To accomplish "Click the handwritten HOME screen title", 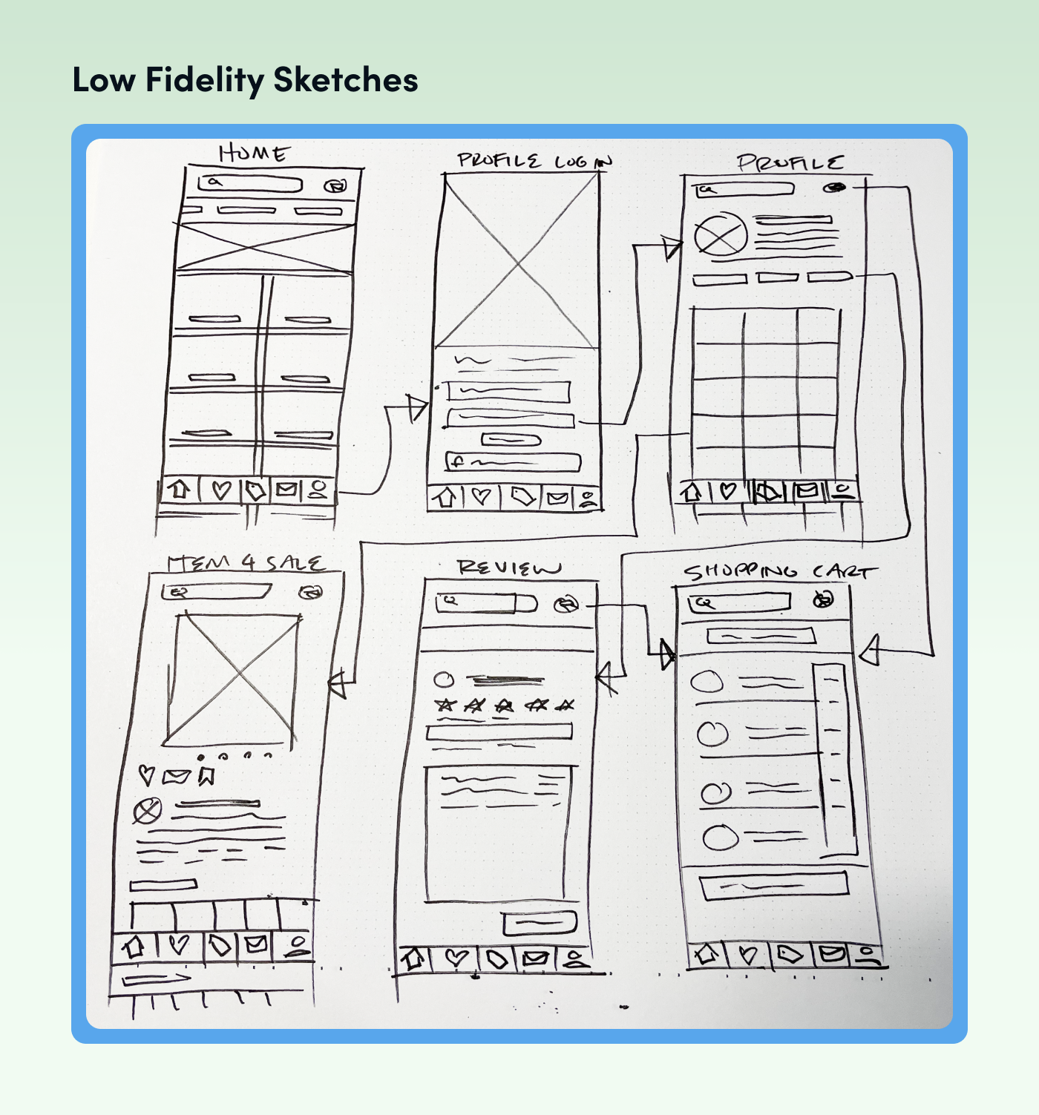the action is click(x=253, y=154).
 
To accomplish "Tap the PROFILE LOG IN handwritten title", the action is click(x=534, y=161).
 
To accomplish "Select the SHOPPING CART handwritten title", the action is click(x=779, y=572).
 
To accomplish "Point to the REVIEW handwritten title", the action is click(x=508, y=568).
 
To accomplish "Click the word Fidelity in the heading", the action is click(x=204, y=80).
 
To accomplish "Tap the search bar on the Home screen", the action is click(x=250, y=183).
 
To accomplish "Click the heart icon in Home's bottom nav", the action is click(x=221, y=490).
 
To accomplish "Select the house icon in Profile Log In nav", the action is click(x=445, y=497).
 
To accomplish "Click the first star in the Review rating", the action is click(x=445, y=705).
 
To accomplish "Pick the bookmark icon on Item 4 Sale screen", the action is click(x=206, y=776).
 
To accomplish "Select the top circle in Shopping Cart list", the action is click(x=707, y=681).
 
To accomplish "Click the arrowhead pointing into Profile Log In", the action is click(x=418, y=408).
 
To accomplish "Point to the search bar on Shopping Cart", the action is click(x=738, y=602).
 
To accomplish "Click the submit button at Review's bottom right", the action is click(x=540, y=923).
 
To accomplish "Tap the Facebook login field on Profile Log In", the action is click(x=512, y=461).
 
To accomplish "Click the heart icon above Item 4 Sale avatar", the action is click(x=147, y=776).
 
